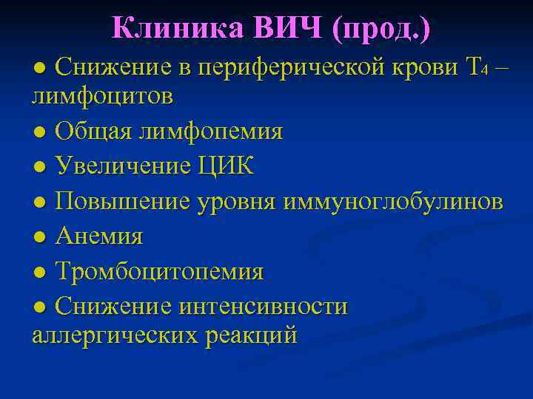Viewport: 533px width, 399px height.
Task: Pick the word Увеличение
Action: [123, 166]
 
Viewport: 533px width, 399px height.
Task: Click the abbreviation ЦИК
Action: [225, 166]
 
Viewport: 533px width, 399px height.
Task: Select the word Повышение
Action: [122, 201]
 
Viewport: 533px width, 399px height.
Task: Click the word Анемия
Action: [99, 236]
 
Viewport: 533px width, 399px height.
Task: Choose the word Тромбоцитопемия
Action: [159, 271]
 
